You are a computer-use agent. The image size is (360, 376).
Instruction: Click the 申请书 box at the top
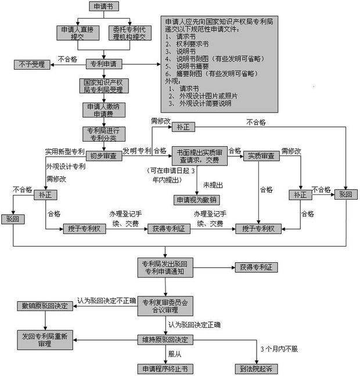[x=103, y=6]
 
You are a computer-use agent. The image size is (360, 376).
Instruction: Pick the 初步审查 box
[x=103, y=156]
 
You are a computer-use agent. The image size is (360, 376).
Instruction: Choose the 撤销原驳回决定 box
[x=45, y=306]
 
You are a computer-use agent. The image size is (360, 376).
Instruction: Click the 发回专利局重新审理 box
[x=45, y=339]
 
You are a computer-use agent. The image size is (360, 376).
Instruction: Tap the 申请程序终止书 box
[x=164, y=369]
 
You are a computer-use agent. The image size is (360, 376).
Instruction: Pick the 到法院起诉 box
[x=257, y=369]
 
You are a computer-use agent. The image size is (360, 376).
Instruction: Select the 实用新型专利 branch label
[x=64, y=152]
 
